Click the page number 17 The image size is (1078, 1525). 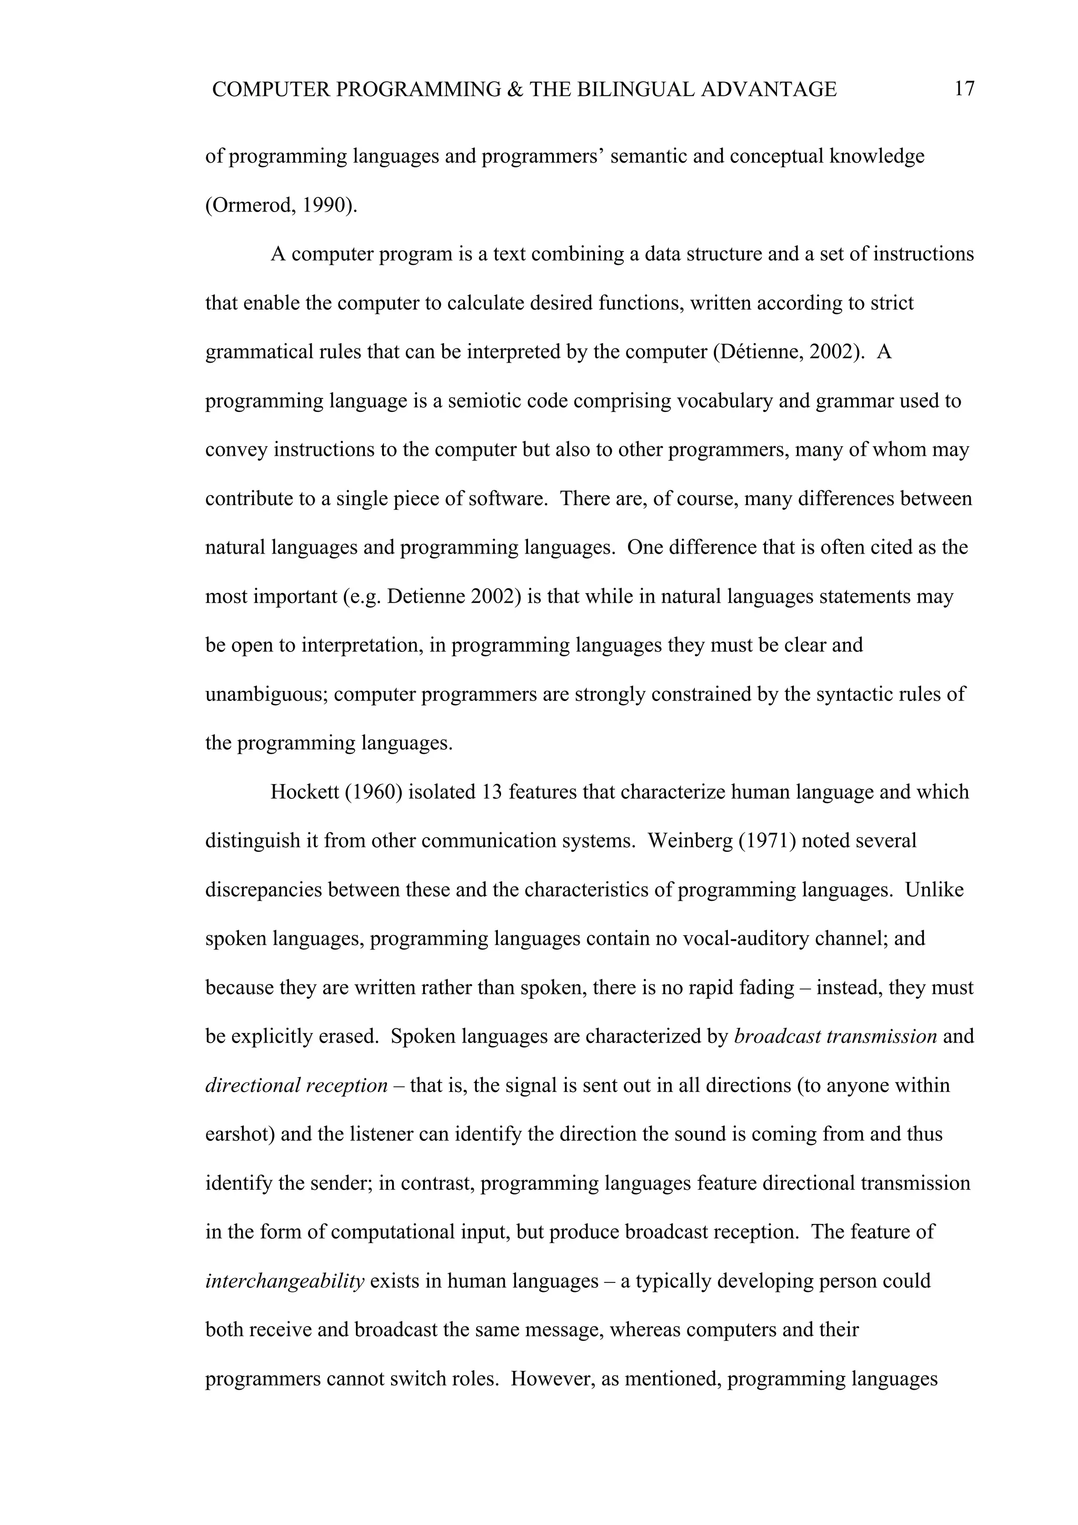[x=964, y=89]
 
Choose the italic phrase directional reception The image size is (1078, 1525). [x=296, y=1085]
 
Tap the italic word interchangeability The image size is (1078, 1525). [x=285, y=1281]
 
